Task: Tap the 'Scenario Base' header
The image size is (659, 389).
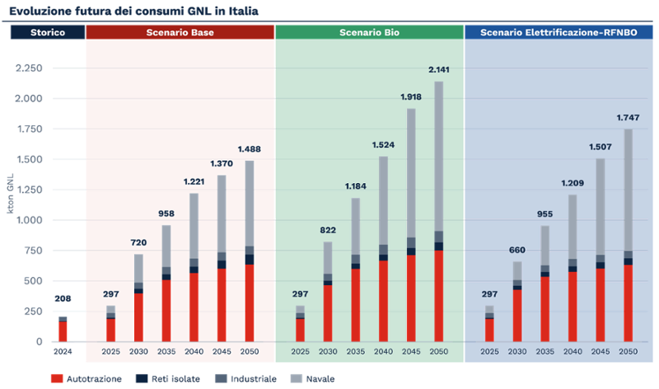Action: point(180,32)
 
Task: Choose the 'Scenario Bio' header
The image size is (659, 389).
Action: point(369,32)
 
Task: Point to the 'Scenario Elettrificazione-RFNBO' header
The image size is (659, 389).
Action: point(561,32)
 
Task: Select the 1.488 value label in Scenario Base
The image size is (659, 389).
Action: point(249,149)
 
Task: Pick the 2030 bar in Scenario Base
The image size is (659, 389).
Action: point(138,298)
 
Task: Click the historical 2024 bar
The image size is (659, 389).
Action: point(63,328)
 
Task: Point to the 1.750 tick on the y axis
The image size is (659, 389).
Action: point(30,129)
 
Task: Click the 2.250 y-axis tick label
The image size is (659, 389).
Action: point(30,68)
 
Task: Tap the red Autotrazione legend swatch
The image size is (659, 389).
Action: point(56,377)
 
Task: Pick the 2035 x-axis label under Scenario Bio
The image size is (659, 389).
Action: point(356,351)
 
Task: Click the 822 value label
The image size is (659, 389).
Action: point(329,231)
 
